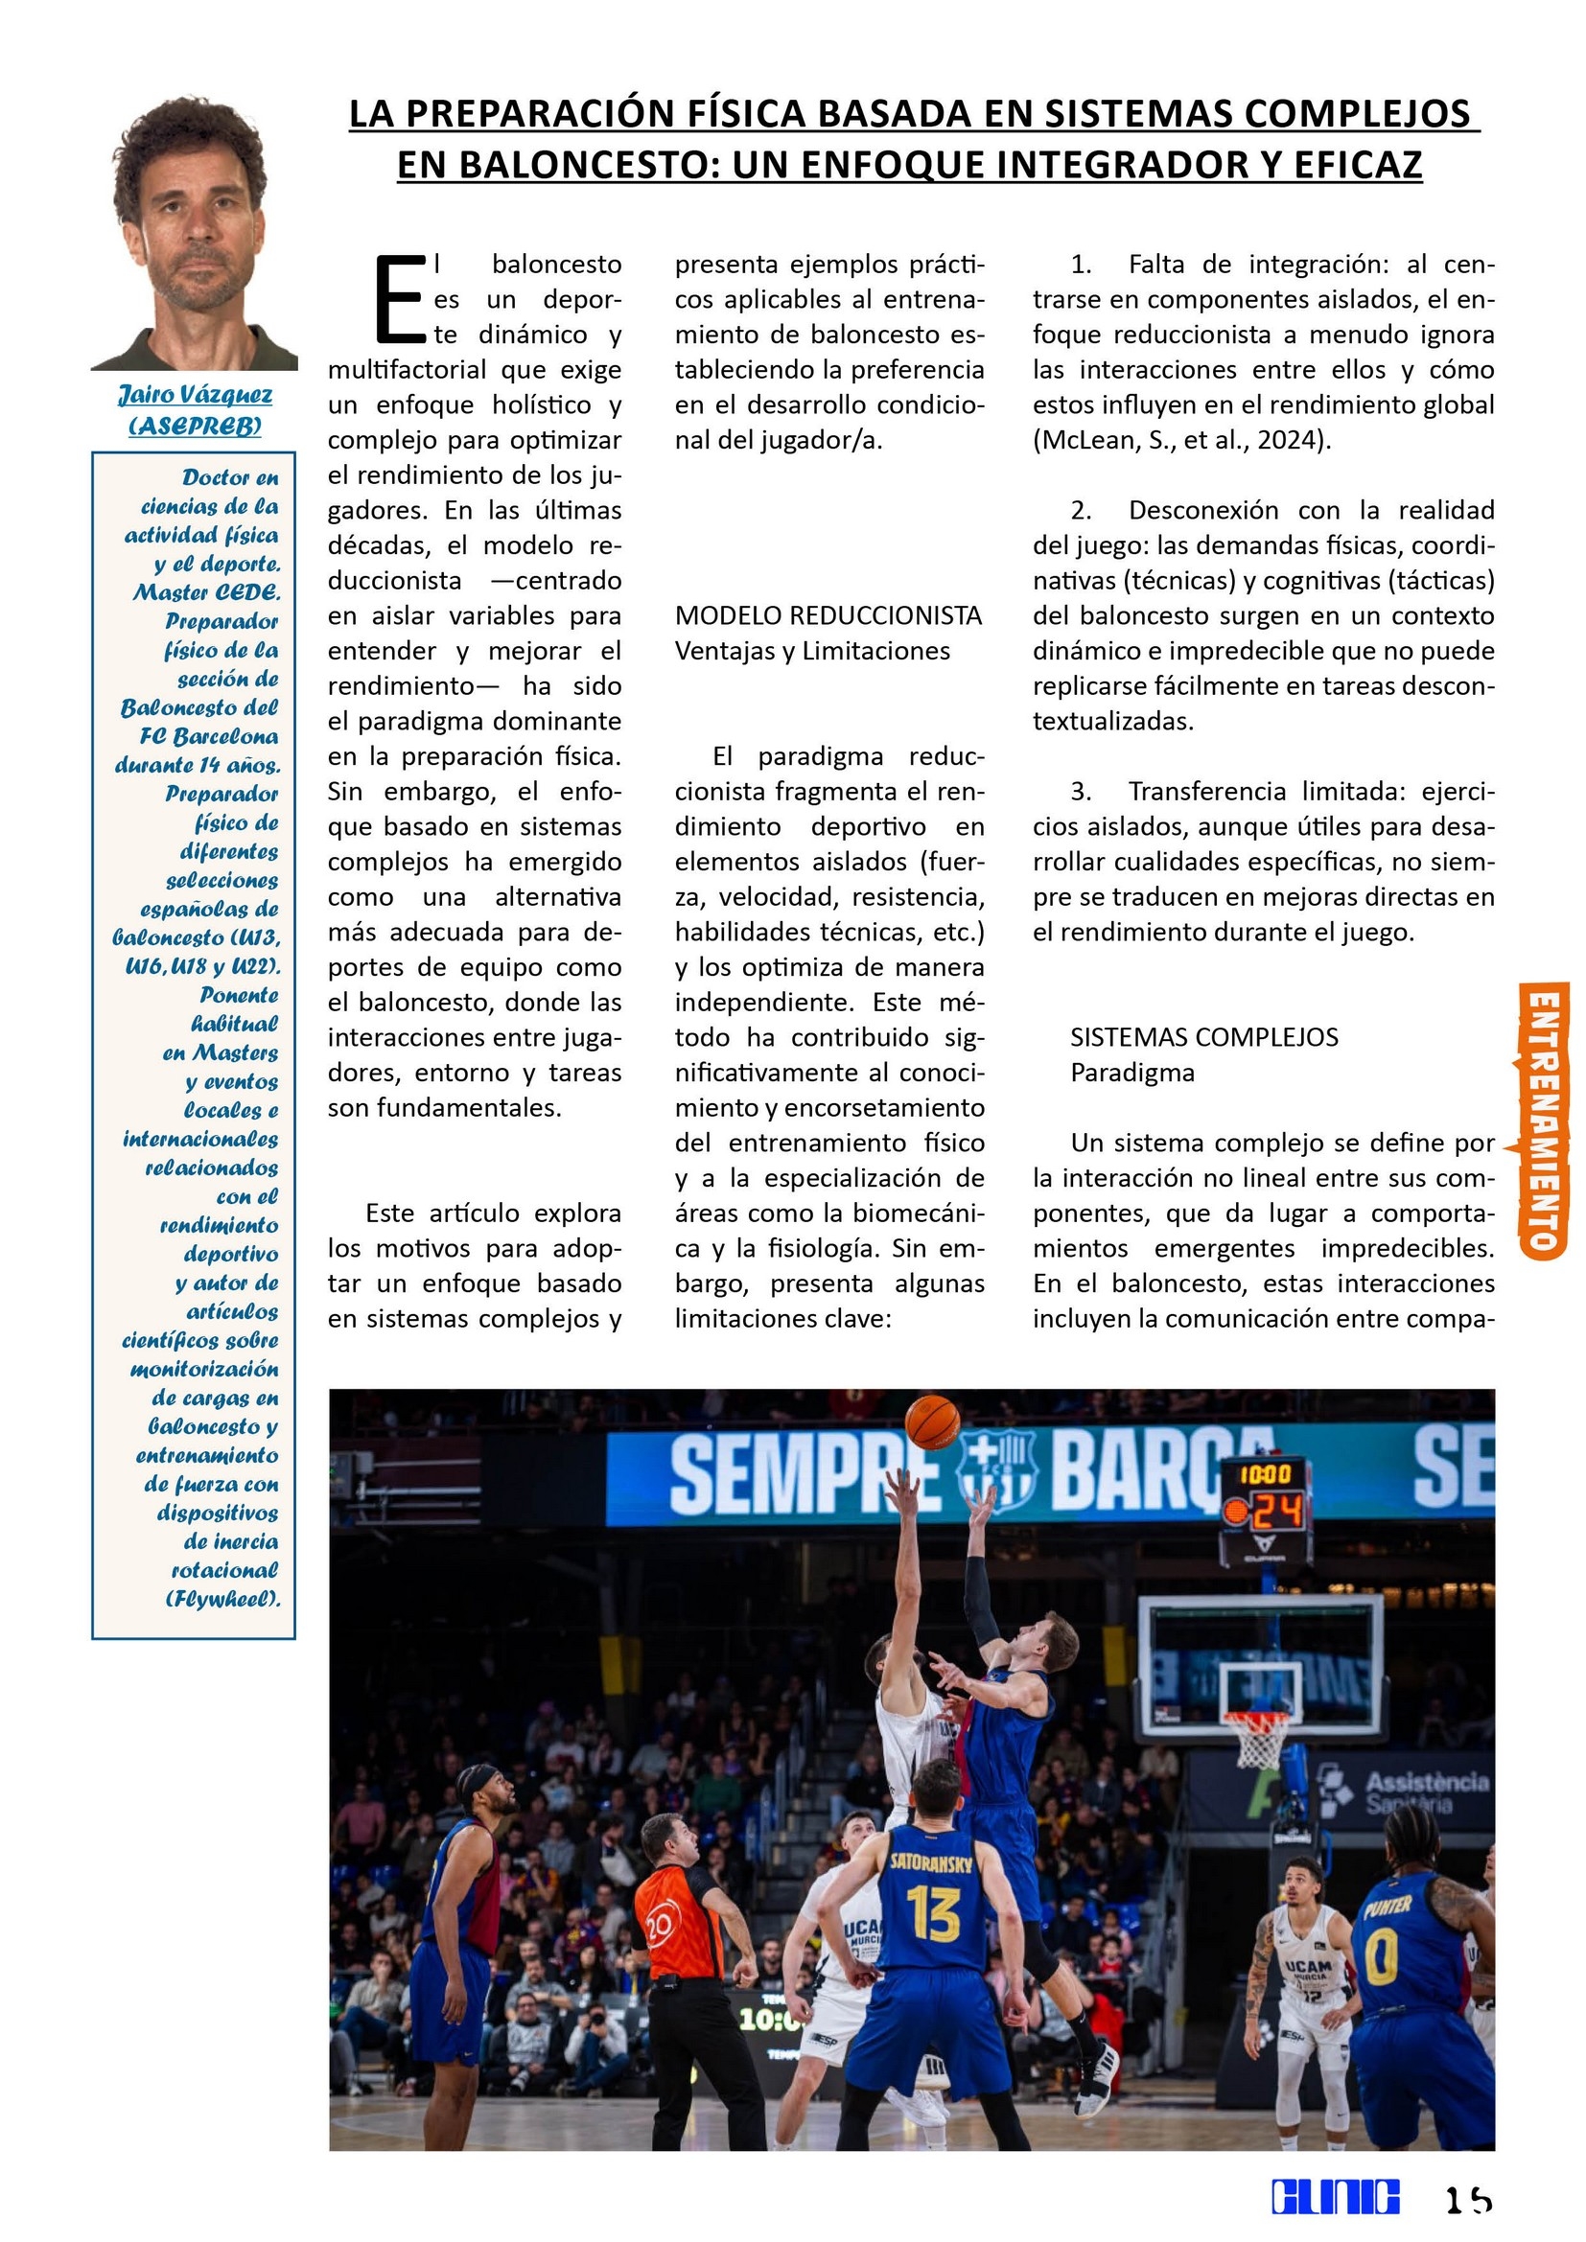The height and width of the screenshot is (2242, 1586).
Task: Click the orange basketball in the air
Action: (x=932, y=1421)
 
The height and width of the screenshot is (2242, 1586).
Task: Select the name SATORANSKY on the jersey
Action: (x=931, y=1862)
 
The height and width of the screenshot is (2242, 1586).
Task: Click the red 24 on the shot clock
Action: (x=1277, y=1513)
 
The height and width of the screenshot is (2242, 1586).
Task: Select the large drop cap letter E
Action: (x=400, y=300)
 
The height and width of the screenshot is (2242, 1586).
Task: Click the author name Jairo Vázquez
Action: (x=196, y=396)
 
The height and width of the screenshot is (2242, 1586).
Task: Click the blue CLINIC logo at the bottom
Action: (x=1335, y=2196)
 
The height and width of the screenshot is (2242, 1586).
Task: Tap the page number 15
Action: (x=1468, y=2198)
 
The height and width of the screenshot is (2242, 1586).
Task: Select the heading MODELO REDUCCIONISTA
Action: (x=828, y=615)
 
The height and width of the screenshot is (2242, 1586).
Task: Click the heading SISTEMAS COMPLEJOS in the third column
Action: (x=1204, y=1037)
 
